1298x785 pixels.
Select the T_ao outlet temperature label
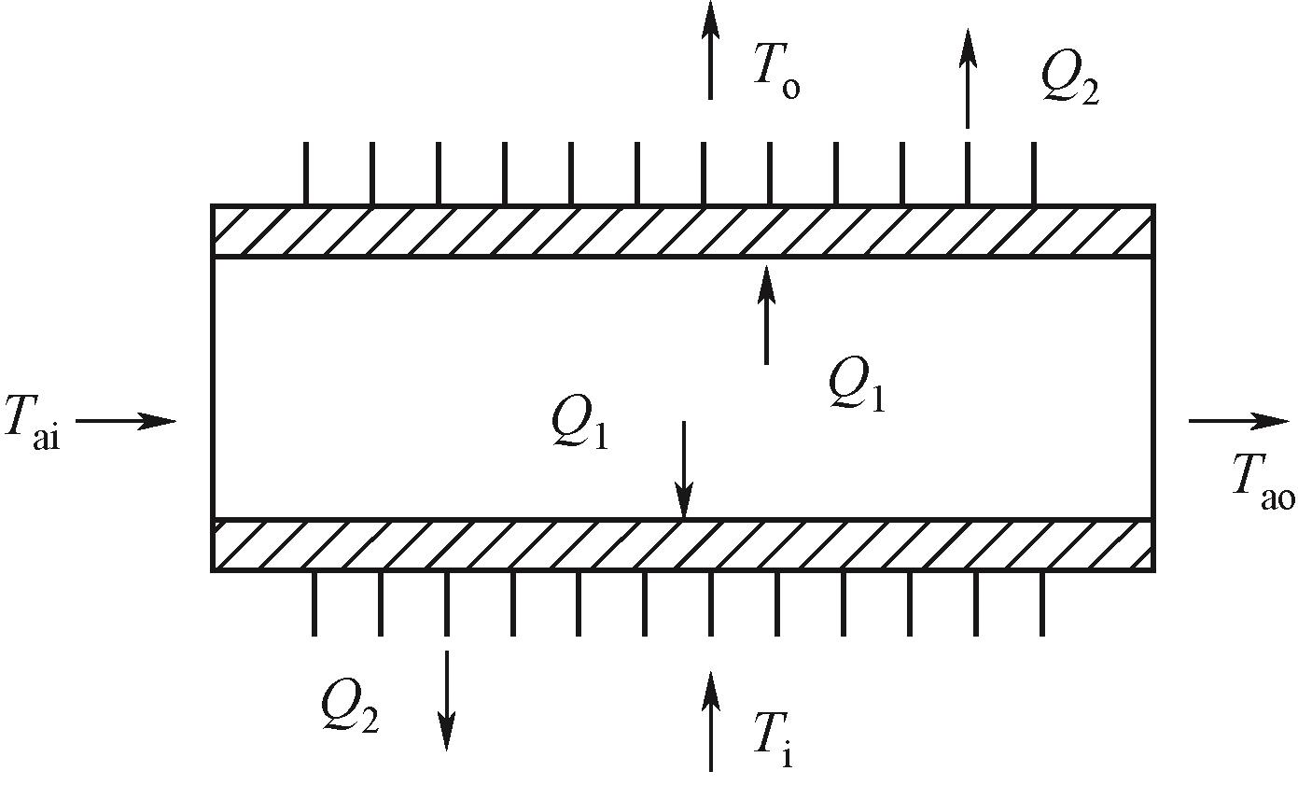1262,484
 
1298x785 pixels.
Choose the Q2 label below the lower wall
349,707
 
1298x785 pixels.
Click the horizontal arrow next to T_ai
126,421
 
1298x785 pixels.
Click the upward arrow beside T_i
711,721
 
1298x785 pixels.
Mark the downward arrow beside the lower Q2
447,700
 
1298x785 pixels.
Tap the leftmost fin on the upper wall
305,174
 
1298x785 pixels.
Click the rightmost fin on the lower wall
1041,603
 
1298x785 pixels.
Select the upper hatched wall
683,231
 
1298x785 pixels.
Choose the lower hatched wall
683,545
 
